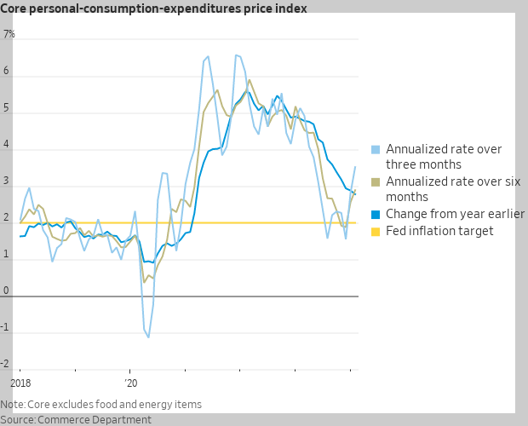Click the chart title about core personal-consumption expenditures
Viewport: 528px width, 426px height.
[154, 9]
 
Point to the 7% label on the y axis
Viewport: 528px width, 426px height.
[9, 35]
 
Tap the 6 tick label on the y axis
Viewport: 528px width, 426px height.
[6, 72]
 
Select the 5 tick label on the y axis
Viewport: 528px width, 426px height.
[6, 108]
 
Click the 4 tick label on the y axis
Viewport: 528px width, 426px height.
[6, 145]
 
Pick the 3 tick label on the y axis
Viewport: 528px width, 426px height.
[6, 181]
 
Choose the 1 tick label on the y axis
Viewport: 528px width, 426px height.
[6, 255]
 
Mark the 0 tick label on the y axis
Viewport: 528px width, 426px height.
[6, 291]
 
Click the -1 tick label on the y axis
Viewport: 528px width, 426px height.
[8, 328]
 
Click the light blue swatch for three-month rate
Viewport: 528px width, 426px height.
[376, 149]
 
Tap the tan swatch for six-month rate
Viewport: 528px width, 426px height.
[376, 181]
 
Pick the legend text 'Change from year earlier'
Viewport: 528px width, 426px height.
[455, 214]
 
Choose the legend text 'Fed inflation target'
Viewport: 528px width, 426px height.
[439, 231]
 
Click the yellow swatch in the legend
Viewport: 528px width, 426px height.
[376, 231]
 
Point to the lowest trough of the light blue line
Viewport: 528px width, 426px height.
[148, 337]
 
